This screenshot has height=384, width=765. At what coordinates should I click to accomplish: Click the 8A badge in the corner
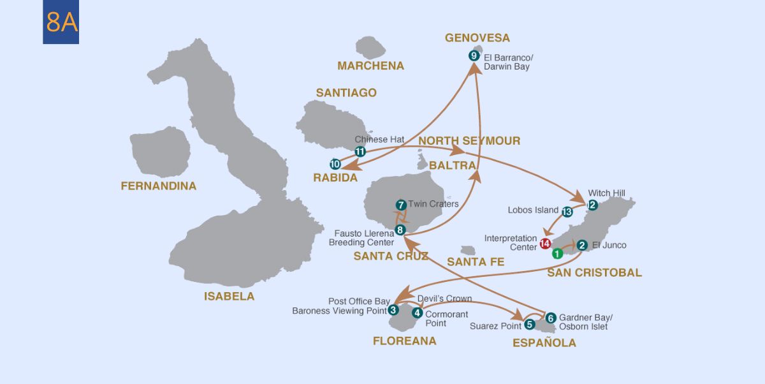point(61,22)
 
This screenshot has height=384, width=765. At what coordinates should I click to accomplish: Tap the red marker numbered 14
point(545,244)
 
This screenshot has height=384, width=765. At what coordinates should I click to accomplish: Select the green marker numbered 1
point(557,253)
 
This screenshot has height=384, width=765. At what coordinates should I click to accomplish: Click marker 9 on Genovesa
point(474,55)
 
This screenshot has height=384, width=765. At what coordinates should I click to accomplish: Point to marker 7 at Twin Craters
point(400,205)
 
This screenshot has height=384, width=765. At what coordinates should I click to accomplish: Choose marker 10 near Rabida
point(335,164)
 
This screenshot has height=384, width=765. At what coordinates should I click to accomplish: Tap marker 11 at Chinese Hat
point(360,152)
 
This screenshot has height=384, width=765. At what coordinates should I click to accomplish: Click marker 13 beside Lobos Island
point(567,211)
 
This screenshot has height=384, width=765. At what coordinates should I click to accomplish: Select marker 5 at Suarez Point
point(530,324)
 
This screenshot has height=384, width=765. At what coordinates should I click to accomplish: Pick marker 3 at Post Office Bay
point(394,310)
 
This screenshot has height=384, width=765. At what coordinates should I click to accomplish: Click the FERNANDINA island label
point(159,186)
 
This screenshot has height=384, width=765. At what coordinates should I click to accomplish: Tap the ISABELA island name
point(229,296)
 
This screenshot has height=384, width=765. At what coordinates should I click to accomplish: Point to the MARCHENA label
point(370,66)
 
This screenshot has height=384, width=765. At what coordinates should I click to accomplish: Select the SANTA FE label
point(476,262)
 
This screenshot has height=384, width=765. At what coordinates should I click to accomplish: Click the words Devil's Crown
point(444,299)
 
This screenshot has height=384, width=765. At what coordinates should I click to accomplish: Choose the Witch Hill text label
point(606,193)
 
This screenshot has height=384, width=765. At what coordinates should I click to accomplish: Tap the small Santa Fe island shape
point(469,251)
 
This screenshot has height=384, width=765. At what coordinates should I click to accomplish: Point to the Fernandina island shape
point(159,153)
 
